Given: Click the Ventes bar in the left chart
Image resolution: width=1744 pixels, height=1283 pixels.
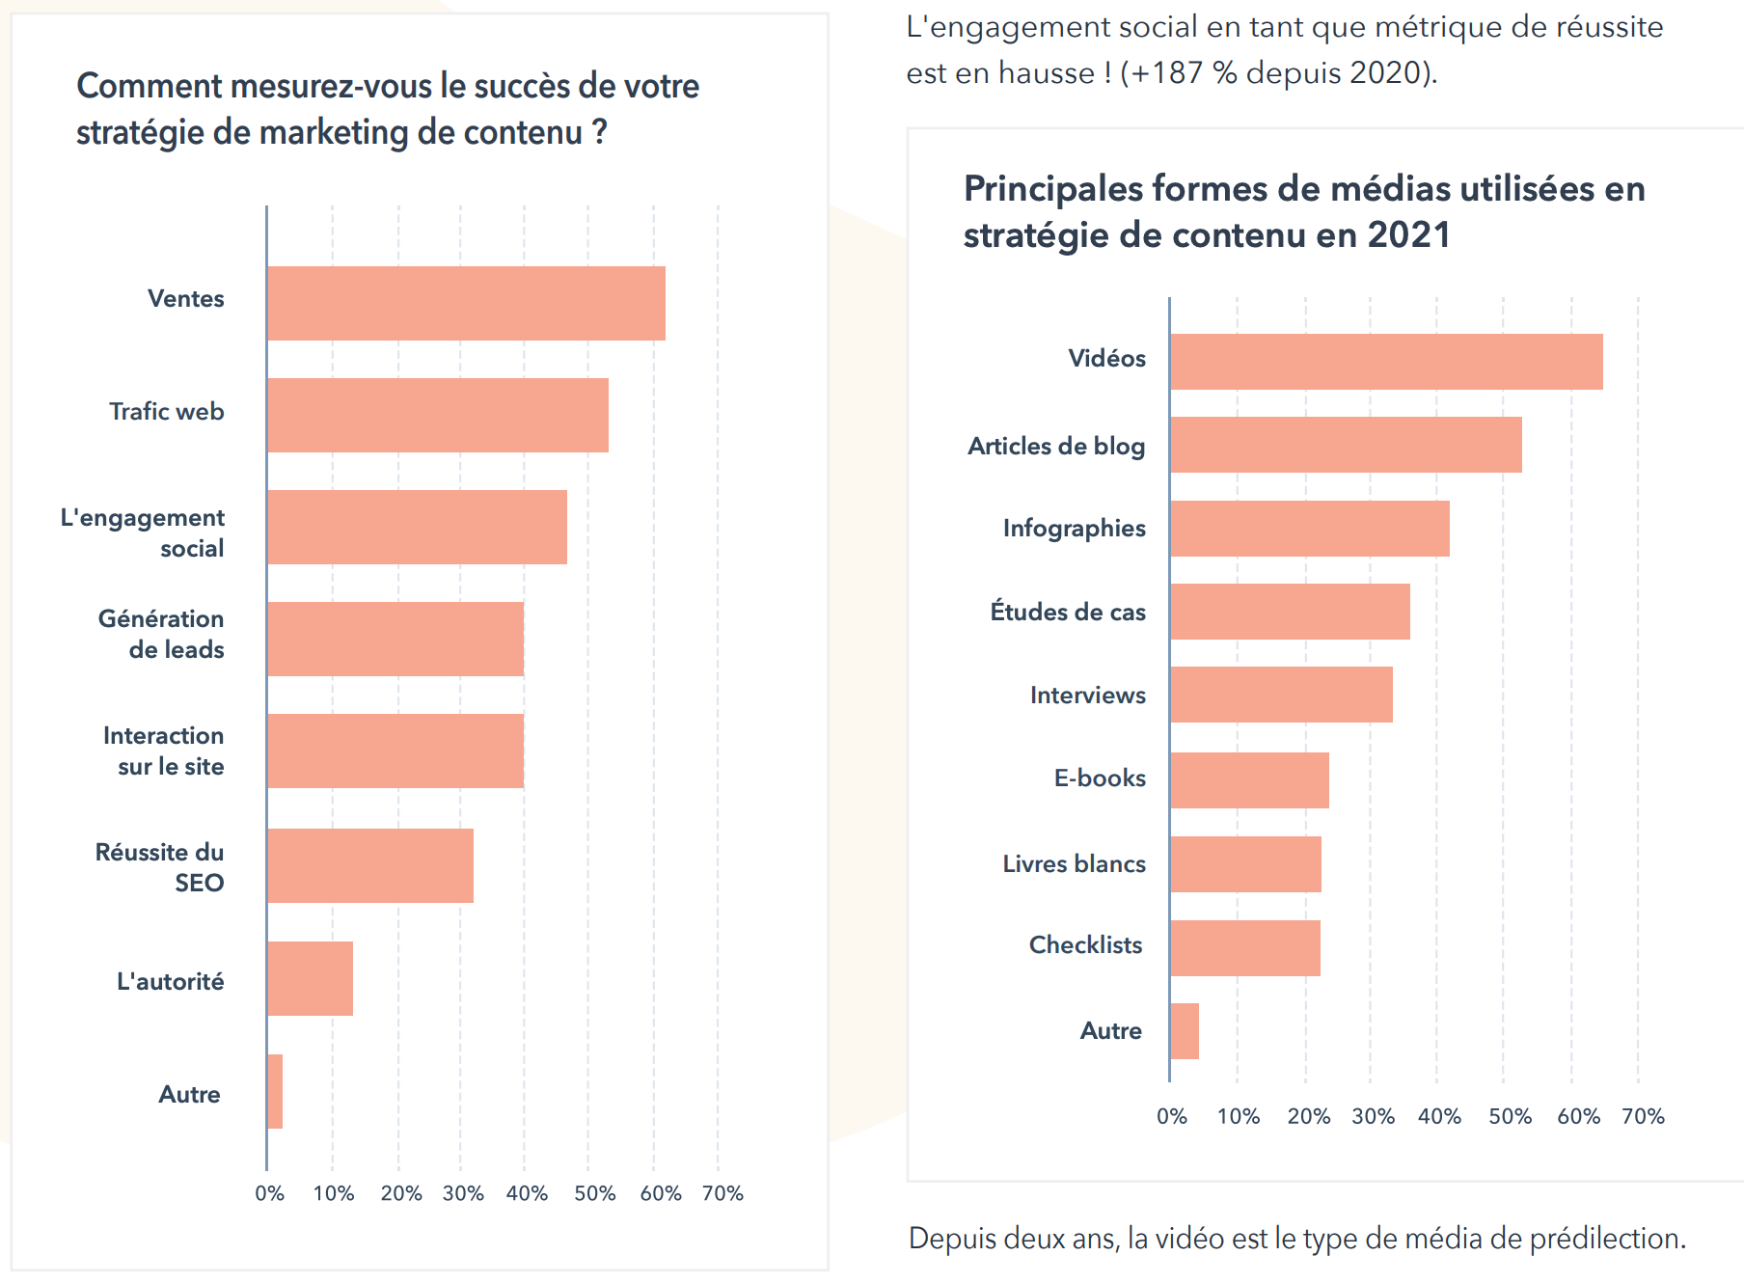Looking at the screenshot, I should tap(466, 303).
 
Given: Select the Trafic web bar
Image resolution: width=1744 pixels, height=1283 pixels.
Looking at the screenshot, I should tap(438, 415).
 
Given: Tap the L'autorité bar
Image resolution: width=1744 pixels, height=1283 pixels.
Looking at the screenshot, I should tap(310, 978).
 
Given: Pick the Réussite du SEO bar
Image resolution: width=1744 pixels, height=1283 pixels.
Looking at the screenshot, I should tap(370, 865).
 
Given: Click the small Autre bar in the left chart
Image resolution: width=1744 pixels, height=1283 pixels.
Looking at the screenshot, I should tap(275, 1091).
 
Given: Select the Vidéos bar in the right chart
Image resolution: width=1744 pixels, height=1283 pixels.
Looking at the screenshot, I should tap(1386, 362).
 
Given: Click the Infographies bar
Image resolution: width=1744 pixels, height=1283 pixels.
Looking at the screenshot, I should tap(1309, 528).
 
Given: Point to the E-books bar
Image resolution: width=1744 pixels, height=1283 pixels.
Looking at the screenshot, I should tap(1249, 780).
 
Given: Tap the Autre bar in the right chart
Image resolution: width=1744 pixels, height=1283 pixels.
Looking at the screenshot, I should tap(1185, 1031).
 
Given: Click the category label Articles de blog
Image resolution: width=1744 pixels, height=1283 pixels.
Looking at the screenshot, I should tap(1056, 446).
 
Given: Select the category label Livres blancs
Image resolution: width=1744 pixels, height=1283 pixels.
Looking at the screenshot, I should tap(1074, 863).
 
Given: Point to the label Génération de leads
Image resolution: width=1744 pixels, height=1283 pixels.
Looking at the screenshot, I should tap(162, 634).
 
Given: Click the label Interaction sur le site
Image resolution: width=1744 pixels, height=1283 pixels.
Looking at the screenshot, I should tap(165, 751).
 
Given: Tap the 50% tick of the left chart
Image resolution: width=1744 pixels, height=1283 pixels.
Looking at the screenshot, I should tap(594, 1193).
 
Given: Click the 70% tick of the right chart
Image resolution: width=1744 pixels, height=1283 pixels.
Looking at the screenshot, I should tap(1643, 1116).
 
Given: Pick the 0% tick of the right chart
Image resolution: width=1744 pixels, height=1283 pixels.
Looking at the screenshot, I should tap(1172, 1116).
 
